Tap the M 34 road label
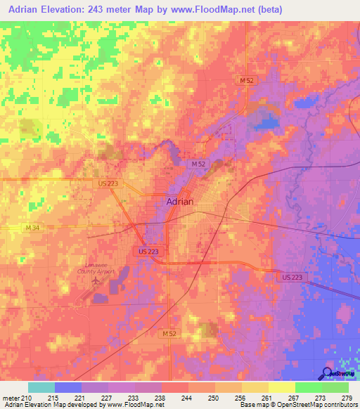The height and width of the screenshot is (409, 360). click(32, 228)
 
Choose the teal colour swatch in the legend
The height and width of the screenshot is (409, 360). click(41, 387)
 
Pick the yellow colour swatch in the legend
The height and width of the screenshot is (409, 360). click(281, 387)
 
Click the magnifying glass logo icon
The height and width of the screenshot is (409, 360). click(326, 373)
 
